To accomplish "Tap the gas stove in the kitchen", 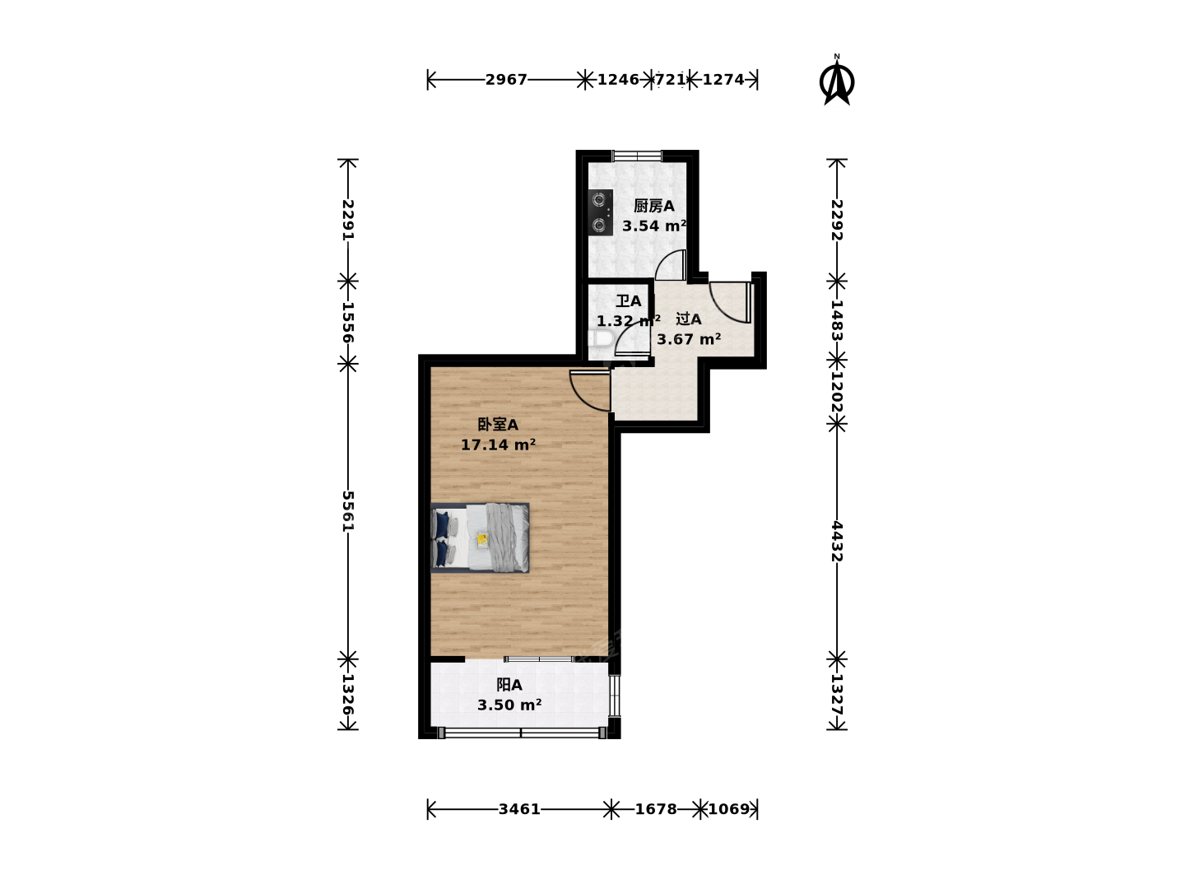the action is pos(601,212).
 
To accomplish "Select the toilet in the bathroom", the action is pos(601,339).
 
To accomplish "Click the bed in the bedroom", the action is pos(480,538).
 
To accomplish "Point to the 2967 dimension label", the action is pos(506,80).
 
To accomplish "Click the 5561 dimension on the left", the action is pos(348,511).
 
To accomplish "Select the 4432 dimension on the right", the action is pos(837,542).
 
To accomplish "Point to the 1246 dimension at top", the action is pos(618,80).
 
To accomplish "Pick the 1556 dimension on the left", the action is pos(348,322).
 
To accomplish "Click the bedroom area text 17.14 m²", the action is pos(499,444).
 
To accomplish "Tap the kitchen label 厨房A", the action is pos(653,206).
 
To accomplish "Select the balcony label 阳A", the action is pos(509,685).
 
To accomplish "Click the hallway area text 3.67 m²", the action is pos(689,339).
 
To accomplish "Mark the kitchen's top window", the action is pos(638,156).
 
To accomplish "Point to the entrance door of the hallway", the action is pos(730,303).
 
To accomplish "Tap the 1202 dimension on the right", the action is pos(837,391).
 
